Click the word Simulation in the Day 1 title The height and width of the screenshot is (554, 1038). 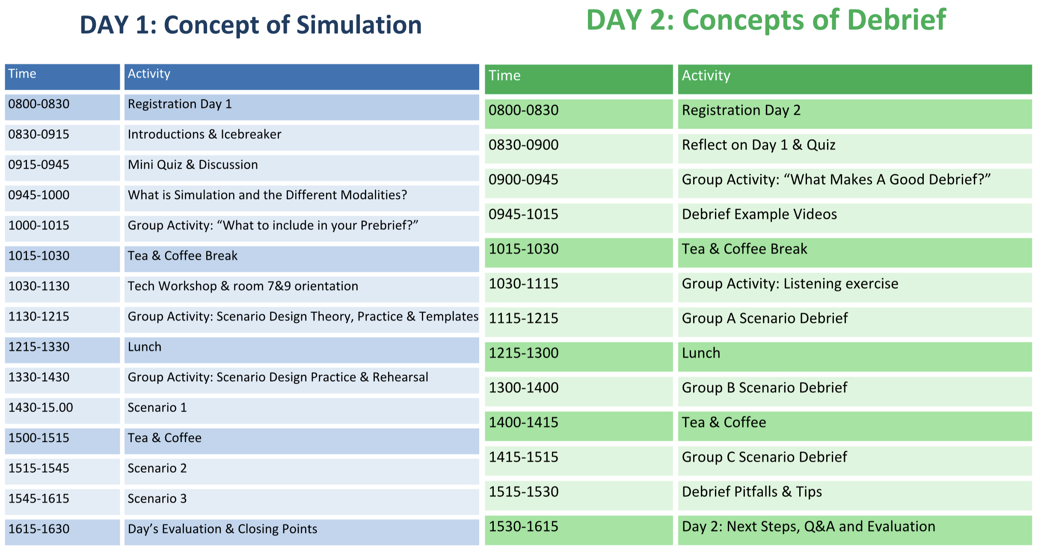pyautogui.click(x=359, y=24)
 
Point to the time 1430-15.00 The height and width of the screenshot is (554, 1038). pyautogui.click(x=41, y=408)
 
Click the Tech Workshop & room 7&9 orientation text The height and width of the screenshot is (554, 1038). pyautogui.click(x=243, y=286)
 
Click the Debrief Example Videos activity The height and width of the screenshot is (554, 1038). pyautogui.click(x=759, y=214)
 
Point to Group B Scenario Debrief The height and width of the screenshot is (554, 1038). pyautogui.click(x=764, y=388)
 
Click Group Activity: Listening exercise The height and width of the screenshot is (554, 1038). pyautogui.click(x=790, y=284)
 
